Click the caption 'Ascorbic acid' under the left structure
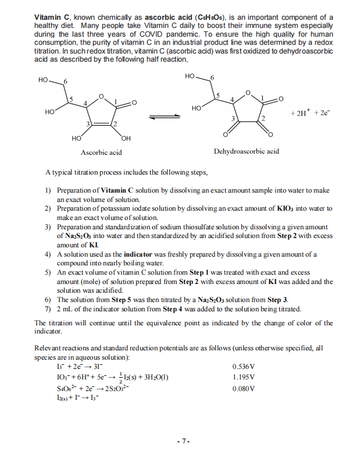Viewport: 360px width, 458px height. [x=101, y=152]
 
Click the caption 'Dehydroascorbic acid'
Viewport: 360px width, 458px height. [x=246, y=151]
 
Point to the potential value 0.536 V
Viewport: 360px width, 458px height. [x=243, y=367]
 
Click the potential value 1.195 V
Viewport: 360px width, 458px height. [x=243, y=377]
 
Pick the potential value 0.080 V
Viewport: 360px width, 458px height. [x=243, y=388]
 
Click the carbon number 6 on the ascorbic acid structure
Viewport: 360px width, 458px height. [x=66, y=80]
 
